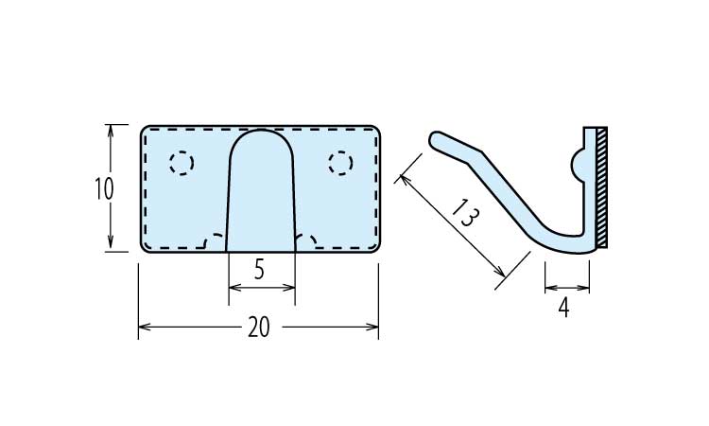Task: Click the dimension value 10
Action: click(104, 188)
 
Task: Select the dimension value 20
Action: click(259, 327)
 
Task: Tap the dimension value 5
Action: click(259, 270)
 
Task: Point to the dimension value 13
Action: click(464, 212)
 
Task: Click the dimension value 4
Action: click(563, 309)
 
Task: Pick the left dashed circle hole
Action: click(182, 163)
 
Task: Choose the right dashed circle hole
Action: click(341, 163)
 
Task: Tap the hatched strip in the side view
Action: click(602, 187)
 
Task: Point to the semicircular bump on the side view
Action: click(578, 165)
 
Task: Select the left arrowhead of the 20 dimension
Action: click(145, 327)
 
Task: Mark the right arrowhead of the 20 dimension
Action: click(372, 327)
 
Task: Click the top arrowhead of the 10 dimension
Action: click(111, 131)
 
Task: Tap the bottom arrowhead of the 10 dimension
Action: click(111, 244)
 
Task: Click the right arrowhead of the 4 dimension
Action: click(584, 288)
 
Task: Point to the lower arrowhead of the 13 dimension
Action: click(500, 272)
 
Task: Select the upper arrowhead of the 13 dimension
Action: click(405, 181)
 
